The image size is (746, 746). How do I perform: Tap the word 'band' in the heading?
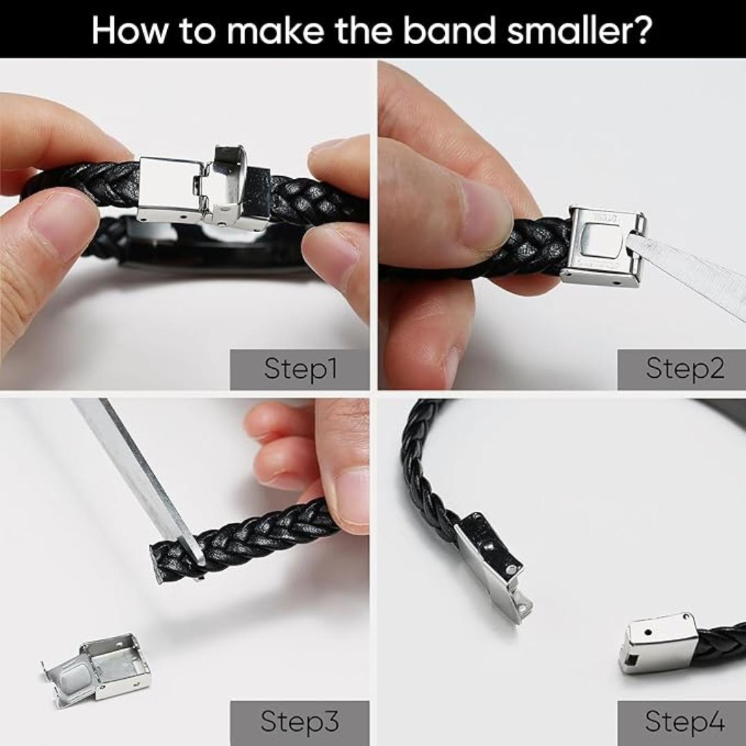coord(447,30)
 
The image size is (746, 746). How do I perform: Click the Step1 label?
coord(300,369)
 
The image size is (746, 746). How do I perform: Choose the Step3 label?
coord(300,721)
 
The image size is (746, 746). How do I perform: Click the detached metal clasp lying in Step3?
coord(97,666)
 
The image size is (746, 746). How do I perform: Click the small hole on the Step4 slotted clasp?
coord(647,633)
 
